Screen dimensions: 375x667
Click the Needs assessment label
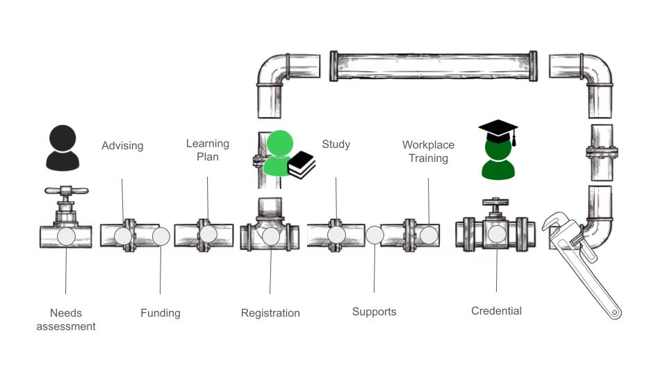click(x=65, y=319)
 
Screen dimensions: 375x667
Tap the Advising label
click(x=122, y=146)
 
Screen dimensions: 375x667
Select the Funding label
click(x=160, y=313)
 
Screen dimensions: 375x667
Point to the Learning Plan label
click(x=207, y=150)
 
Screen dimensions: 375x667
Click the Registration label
click(x=270, y=313)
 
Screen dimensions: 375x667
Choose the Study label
click(x=336, y=144)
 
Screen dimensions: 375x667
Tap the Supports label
click(x=374, y=312)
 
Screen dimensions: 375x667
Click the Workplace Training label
click(x=428, y=151)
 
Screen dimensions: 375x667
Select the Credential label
click(x=496, y=311)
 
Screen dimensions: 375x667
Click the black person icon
click(x=63, y=148)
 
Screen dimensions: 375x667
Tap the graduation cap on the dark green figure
click(x=498, y=131)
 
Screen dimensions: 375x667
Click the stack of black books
click(x=302, y=165)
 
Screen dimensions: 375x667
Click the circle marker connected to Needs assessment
click(x=66, y=236)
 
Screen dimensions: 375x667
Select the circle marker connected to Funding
click(x=161, y=236)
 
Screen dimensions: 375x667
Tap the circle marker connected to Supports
click(x=374, y=235)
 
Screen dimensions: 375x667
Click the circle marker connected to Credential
click(x=497, y=235)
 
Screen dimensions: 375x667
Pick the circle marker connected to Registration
click(x=271, y=236)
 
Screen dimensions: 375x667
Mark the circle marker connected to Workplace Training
click(x=429, y=235)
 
